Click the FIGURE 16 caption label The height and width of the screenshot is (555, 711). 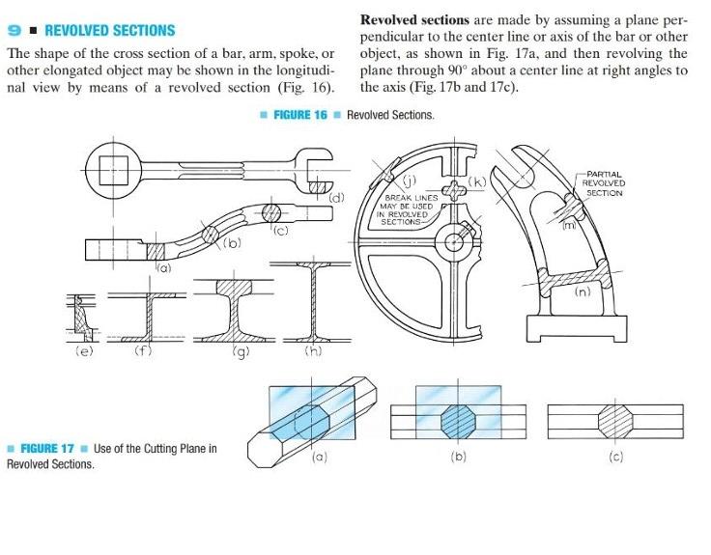click(x=300, y=115)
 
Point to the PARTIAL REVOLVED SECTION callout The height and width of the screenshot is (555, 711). click(x=605, y=183)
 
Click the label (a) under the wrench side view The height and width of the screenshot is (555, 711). click(x=165, y=267)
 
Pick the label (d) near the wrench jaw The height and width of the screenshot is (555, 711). click(x=336, y=198)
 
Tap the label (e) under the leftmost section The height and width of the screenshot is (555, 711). click(x=84, y=352)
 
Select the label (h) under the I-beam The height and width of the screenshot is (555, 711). click(x=313, y=352)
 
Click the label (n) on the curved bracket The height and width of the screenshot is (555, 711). click(x=583, y=291)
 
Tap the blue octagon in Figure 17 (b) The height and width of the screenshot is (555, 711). click(x=457, y=422)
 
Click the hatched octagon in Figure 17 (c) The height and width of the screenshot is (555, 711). click(x=614, y=422)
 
